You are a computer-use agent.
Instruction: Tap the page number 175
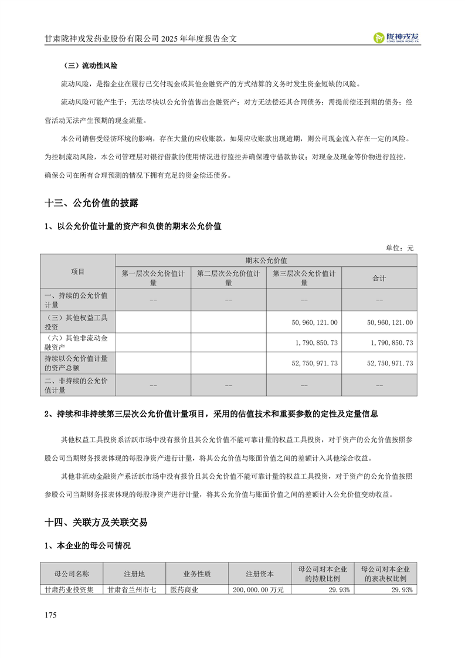tap(50, 615)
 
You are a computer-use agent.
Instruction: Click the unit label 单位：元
tap(399, 248)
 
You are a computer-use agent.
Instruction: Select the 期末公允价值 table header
tap(266, 260)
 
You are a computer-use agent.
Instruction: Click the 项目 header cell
tap(78, 272)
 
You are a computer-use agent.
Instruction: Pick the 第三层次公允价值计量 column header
tap(304, 278)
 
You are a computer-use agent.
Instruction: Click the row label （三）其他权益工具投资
tap(78, 322)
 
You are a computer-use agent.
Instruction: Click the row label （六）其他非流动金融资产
tap(78, 342)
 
